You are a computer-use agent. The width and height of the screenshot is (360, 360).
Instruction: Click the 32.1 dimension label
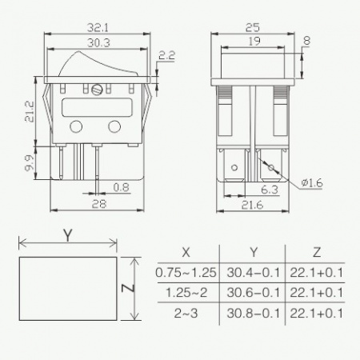click(98, 28)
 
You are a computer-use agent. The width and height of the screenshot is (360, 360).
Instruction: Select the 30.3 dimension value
click(98, 43)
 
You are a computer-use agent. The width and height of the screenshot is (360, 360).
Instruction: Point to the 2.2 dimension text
click(167, 55)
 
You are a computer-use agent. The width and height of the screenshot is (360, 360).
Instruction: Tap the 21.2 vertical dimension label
click(30, 111)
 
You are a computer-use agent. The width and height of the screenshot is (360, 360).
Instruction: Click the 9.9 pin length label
click(30, 162)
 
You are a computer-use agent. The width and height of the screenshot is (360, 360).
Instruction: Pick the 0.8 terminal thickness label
click(122, 187)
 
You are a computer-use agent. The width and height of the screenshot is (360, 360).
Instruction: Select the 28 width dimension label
click(99, 204)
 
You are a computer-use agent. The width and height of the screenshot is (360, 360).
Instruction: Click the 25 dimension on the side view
click(253, 27)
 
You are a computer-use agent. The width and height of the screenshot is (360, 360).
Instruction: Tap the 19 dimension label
click(254, 42)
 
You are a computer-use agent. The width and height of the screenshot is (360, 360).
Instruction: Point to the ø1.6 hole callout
click(312, 183)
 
